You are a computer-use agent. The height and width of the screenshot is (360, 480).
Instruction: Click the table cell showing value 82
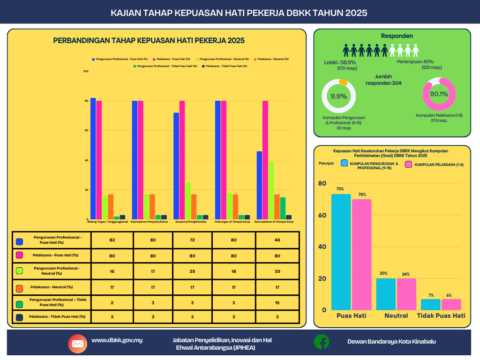click(x=112, y=240)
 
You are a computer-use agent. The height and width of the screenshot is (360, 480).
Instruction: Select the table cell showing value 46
click(x=277, y=240)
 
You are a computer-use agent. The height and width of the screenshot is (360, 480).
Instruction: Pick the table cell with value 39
click(x=277, y=270)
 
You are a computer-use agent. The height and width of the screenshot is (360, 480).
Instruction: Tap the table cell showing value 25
click(x=192, y=270)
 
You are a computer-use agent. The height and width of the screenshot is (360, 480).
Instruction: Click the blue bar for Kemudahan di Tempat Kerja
click(x=259, y=185)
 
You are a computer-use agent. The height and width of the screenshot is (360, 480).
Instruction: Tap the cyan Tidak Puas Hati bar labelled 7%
click(x=430, y=304)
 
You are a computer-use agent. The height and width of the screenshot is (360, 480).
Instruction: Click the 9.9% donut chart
click(x=338, y=96)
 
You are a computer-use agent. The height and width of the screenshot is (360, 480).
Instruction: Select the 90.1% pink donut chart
click(x=439, y=94)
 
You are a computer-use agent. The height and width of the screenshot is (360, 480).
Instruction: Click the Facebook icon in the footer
click(x=322, y=342)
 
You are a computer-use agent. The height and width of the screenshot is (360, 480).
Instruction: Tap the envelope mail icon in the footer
click(x=77, y=344)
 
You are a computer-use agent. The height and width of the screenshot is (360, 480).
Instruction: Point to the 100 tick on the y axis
click(x=85, y=71)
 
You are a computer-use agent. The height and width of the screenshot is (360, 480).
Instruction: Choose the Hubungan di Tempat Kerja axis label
click(x=232, y=221)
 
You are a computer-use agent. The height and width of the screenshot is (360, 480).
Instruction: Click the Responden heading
click(x=397, y=36)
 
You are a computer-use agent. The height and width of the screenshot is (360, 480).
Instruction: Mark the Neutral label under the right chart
click(x=396, y=315)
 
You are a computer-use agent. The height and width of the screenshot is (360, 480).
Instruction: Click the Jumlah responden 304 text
click(x=383, y=80)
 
